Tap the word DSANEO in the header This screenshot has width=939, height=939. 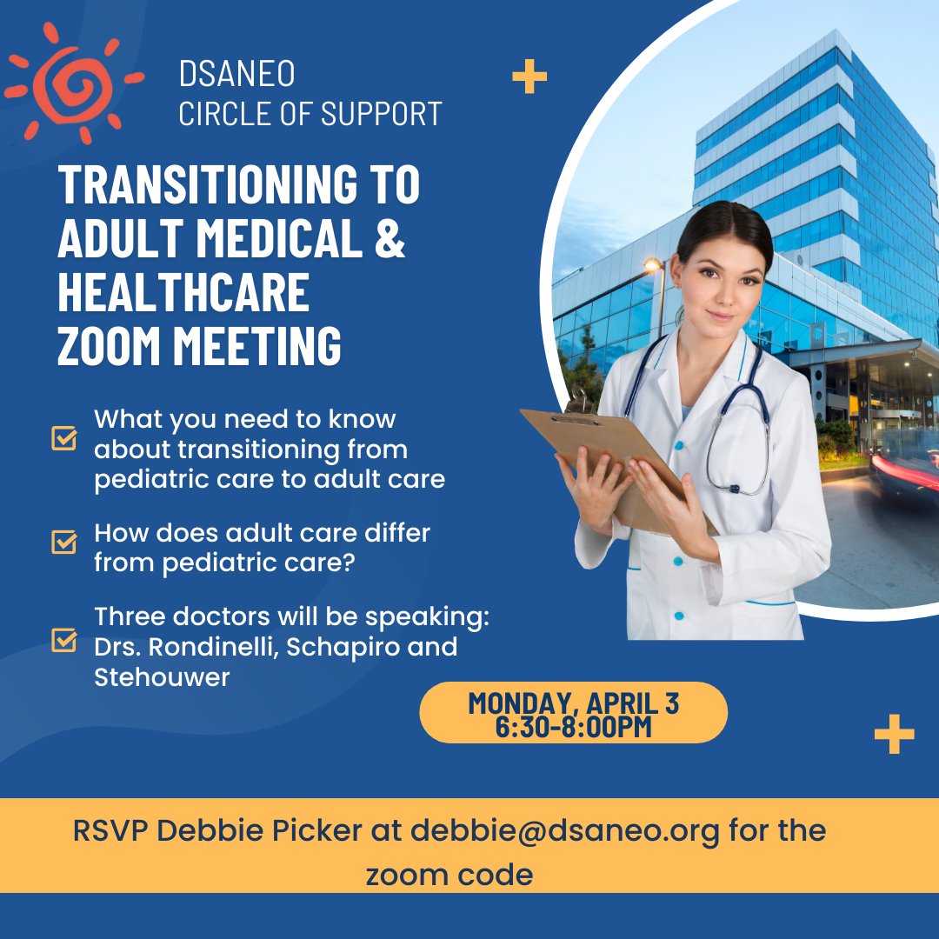point(236,75)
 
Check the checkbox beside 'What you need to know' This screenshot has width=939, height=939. point(64,438)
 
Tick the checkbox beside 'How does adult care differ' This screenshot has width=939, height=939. point(64,542)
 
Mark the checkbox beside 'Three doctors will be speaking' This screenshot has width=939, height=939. point(64,640)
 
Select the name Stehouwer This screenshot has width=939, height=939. point(162,677)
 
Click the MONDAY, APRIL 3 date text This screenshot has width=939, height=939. point(574,702)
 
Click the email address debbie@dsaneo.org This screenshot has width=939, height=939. point(565,830)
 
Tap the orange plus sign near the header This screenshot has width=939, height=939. point(529,77)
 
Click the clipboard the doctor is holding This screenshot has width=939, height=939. point(609,461)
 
